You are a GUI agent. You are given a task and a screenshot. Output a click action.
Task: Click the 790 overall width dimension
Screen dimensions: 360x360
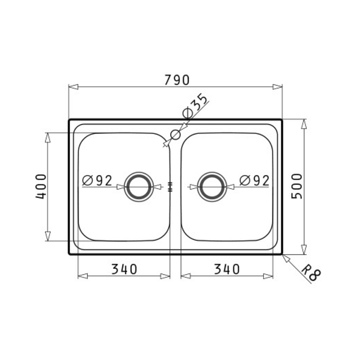pyautogui.click(x=177, y=80)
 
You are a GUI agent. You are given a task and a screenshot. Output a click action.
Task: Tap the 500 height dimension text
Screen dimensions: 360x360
pyautogui.click(x=297, y=186)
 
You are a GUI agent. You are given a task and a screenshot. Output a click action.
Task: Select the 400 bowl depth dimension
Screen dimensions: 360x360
pyautogui.click(x=41, y=186)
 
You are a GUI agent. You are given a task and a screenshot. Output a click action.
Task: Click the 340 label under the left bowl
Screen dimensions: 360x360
pyautogui.click(x=124, y=269)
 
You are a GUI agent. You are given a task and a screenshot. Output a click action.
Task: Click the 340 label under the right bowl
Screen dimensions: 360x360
pyautogui.click(x=227, y=269)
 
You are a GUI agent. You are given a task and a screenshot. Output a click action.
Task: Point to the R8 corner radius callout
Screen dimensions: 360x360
pyautogui.click(x=311, y=273)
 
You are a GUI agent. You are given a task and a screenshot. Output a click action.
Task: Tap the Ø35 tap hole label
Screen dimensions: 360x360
pyautogui.click(x=195, y=106)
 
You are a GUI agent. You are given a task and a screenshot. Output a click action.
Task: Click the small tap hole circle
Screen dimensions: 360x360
pyautogui.click(x=175, y=135)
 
